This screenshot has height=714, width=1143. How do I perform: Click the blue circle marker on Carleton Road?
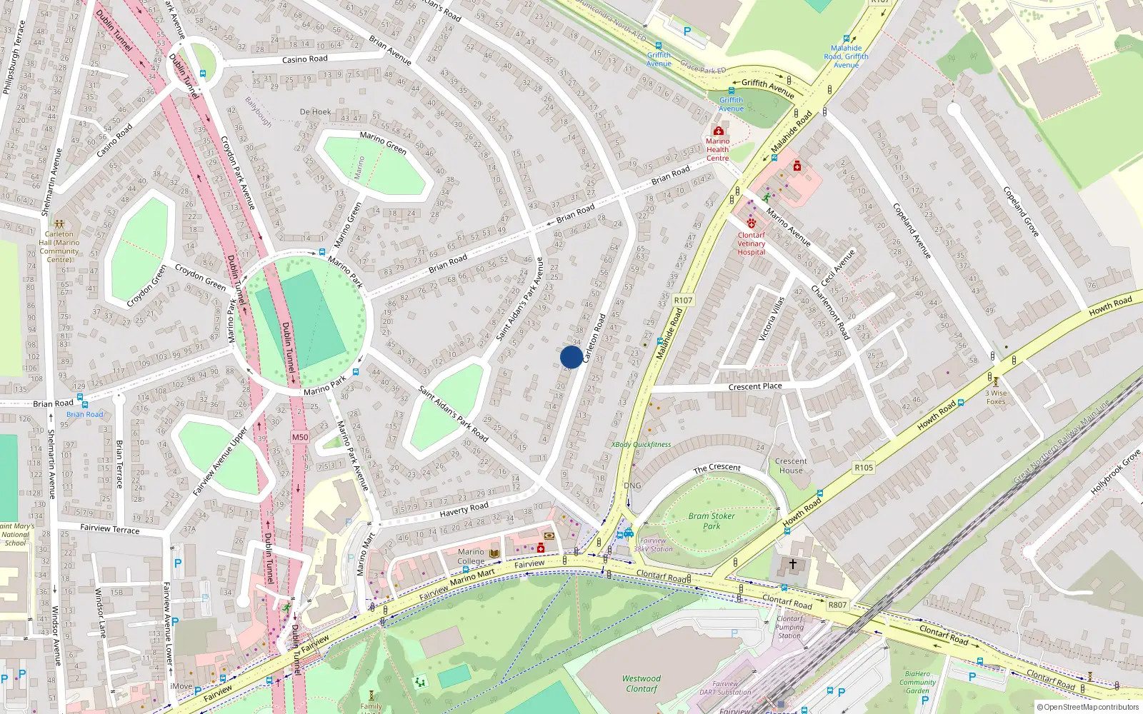(x=571, y=357)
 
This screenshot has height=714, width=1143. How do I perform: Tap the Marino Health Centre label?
(x=717, y=149)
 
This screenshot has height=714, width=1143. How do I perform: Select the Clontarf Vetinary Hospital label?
(x=751, y=243)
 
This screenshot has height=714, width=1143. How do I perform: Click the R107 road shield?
(x=683, y=301)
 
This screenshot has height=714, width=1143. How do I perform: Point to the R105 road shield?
(x=864, y=468)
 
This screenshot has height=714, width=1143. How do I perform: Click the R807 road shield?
(x=837, y=605)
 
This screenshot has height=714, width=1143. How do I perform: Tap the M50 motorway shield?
(x=300, y=437)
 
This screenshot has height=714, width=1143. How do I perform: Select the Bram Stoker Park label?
(x=712, y=521)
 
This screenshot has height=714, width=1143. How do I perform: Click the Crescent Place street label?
(x=755, y=386)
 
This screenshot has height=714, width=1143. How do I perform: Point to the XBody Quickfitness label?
(x=641, y=444)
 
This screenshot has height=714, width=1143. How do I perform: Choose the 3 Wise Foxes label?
(x=996, y=397)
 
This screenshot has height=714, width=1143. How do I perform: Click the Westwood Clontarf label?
(x=642, y=683)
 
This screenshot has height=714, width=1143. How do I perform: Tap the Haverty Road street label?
(x=464, y=509)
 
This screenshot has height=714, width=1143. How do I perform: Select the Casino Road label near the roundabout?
(x=304, y=59)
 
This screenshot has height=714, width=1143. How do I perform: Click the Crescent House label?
(x=791, y=466)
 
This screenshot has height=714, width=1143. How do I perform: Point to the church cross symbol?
(x=792, y=564)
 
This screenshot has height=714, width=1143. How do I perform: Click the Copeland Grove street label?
(x=1021, y=212)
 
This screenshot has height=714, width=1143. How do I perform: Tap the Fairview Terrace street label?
(x=110, y=528)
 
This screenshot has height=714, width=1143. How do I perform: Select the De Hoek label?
(x=315, y=112)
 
